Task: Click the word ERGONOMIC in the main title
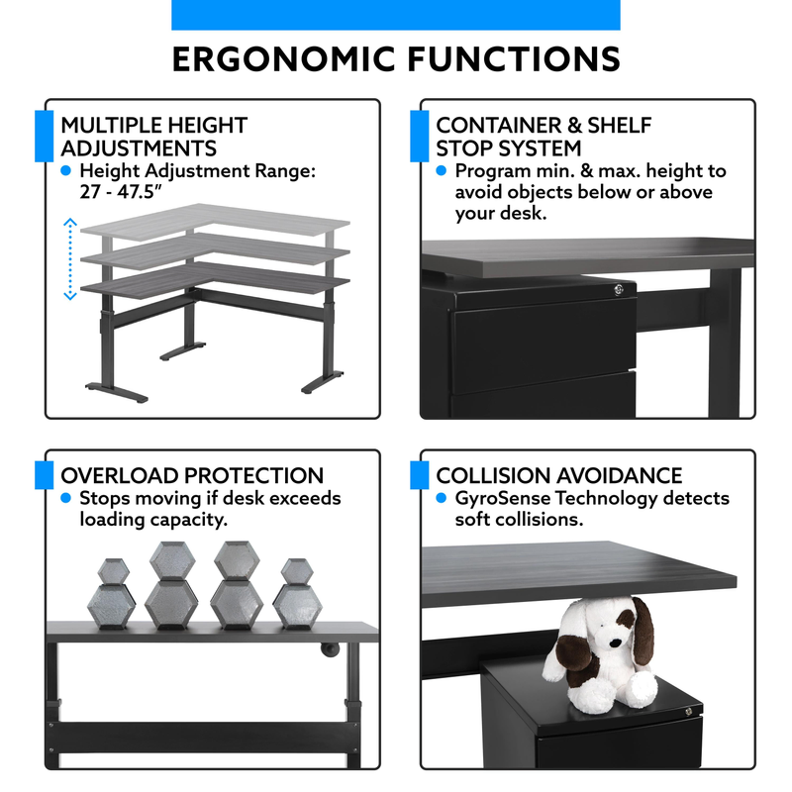click(x=283, y=59)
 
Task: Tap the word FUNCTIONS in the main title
click(x=514, y=59)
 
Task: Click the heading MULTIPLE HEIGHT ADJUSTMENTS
click(x=154, y=137)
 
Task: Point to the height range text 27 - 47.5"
click(x=121, y=192)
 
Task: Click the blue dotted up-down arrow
click(x=70, y=259)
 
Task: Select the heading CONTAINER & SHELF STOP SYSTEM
click(x=544, y=137)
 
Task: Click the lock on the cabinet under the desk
click(x=618, y=289)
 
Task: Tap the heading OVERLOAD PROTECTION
click(x=192, y=475)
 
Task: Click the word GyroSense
click(x=503, y=499)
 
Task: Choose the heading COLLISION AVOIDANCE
click(x=559, y=475)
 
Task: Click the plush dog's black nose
click(x=615, y=643)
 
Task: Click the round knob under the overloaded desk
click(x=330, y=649)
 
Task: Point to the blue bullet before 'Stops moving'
click(x=65, y=498)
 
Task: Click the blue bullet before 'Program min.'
click(x=441, y=170)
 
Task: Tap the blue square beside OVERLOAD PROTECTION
click(x=44, y=475)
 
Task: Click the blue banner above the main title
click(x=396, y=15)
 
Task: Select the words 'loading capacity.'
click(x=153, y=520)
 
